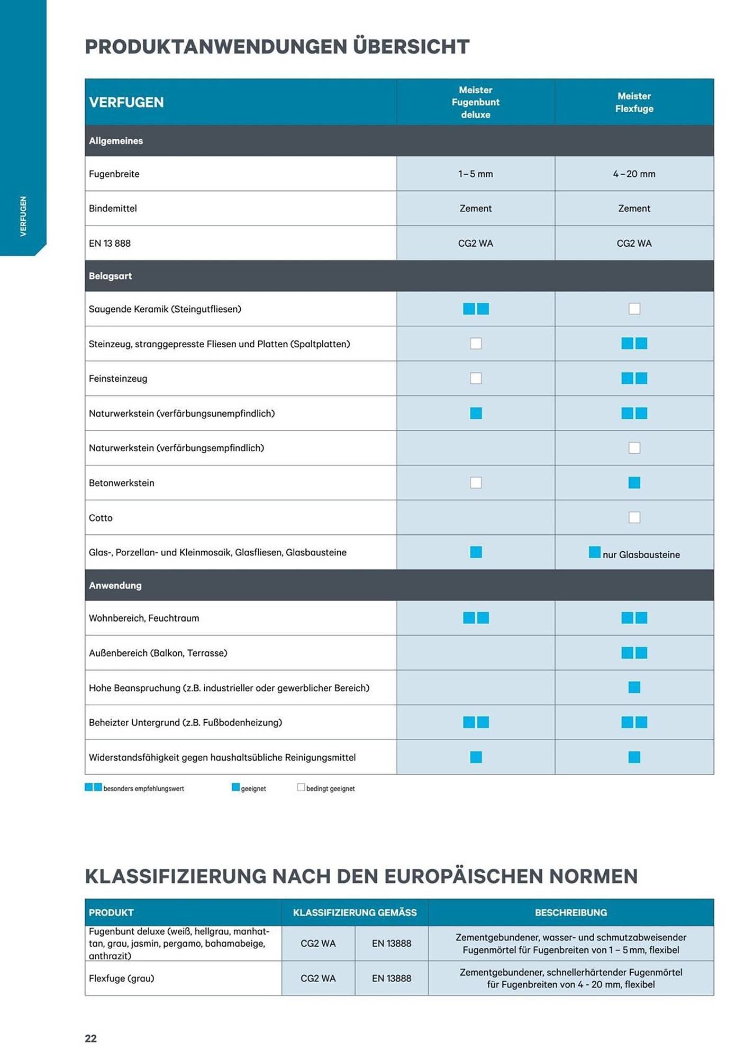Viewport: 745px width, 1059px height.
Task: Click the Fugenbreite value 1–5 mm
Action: point(475,174)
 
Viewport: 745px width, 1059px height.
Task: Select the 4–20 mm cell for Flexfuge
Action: point(634,174)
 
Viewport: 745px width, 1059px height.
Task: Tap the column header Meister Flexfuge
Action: point(634,102)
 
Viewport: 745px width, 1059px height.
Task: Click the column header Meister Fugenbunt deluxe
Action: point(475,102)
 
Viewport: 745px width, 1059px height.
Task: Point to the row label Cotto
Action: point(101,518)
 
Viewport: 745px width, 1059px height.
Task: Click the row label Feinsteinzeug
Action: point(118,379)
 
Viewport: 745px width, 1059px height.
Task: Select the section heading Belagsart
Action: point(110,276)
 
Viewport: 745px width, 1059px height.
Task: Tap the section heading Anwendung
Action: point(115,585)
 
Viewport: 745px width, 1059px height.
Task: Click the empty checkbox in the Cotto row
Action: point(634,517)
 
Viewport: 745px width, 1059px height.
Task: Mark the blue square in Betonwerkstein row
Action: point(634,482)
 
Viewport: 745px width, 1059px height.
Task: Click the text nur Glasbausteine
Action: point(641,555)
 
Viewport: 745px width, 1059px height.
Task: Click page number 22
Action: point(90,1038)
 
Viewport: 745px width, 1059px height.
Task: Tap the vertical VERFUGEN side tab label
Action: point(23,216)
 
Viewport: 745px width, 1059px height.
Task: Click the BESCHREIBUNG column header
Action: point(570,912)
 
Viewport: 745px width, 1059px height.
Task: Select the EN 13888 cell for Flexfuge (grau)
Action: point(391,979)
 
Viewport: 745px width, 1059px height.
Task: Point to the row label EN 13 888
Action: point(110,244)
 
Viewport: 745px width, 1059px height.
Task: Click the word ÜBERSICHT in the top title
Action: point(411,47)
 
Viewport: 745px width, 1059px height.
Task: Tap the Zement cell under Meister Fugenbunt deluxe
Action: point(475,209)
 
